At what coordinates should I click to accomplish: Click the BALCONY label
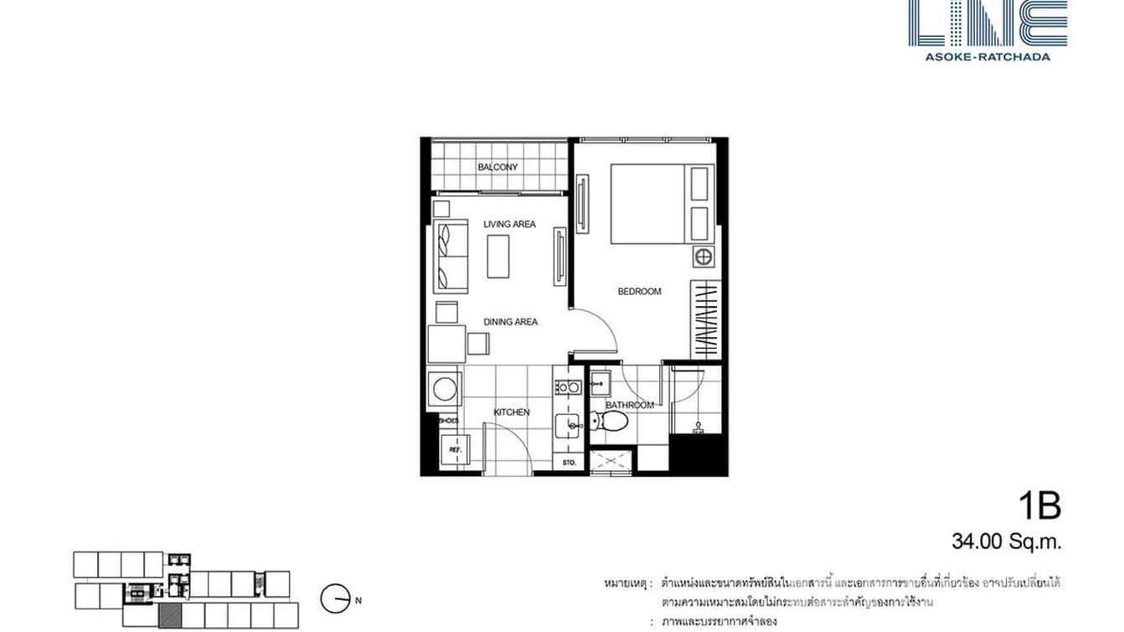[498, 167]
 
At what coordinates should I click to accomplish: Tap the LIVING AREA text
[509, 224]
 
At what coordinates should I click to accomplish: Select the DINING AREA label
[509, 322]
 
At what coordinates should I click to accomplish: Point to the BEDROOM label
[639, 292]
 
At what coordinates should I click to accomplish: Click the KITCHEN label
[511, 412]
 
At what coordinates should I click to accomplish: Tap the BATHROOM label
[629, 406]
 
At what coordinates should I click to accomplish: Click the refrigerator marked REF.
[456, 450]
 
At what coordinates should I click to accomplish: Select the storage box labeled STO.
[569, 462]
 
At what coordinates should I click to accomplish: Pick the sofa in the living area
[450, 255]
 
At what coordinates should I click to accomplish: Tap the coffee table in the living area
[500, 256]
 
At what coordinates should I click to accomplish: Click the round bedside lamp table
[703, 256]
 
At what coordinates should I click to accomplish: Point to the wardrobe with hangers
[706, 320]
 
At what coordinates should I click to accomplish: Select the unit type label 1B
[1039, 506]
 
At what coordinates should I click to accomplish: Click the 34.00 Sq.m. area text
[1006, 542]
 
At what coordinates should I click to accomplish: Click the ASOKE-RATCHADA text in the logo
[987, 57]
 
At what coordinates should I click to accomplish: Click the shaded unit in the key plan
[170, 614]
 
